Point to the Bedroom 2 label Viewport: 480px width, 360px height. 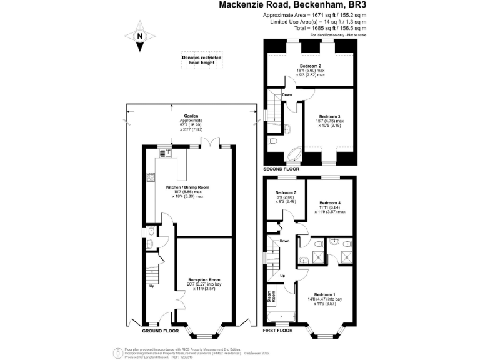pyautogui.click(x=311, y=66)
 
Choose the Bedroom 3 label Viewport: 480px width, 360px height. pyautogui.click(x=329, y=116)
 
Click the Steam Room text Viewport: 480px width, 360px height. pyautogui.click(x=272, y=296)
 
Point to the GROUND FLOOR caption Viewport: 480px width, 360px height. pyautogui.click(x=161, y=331)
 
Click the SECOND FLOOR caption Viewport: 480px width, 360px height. pyautogui.click(x=281, y=169)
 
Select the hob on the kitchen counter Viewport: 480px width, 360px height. pyautogui.click(x=150, y=177)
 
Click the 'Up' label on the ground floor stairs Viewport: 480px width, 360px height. pyautogui.click(x=151, y=287)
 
